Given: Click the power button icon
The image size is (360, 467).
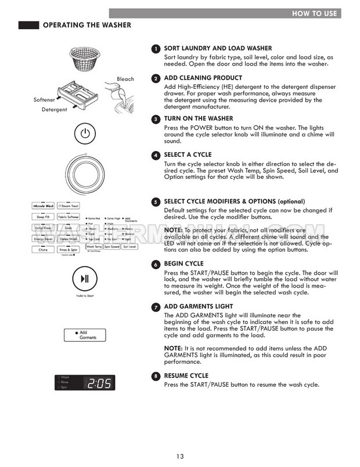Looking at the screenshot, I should coord(85,134).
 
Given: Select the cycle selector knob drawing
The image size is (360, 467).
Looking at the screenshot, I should coord(85,175).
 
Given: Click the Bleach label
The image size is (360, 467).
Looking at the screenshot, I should coord(125,80).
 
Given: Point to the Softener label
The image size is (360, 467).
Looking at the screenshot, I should coord(45,99).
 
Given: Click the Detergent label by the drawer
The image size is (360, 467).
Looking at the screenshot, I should coord(54,109).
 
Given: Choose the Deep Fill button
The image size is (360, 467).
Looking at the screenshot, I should coord(42,217).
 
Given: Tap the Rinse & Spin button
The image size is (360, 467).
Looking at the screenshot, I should coord(69,249).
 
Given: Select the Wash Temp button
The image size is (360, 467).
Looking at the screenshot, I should coord(94,247).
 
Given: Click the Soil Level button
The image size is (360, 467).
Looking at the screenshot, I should coord(129,247).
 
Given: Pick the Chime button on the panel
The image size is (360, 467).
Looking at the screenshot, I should coord(42,249).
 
